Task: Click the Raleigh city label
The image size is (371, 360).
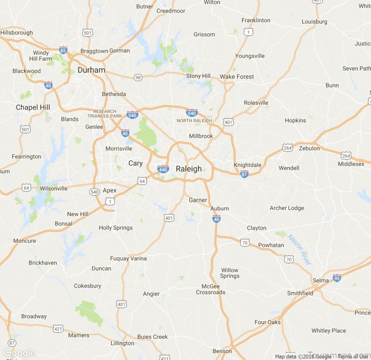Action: (x=189, y=169)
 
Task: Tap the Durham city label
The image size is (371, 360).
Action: (x=91, y=70)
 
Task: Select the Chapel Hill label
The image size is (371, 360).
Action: (x=33, y=107)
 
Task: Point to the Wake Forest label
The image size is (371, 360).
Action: (x=237, y=76)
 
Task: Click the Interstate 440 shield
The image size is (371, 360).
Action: (x=163, y=169)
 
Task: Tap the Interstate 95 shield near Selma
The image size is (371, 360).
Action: (x=337, y=278)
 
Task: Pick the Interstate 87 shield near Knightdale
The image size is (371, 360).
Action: (x=244, y=174)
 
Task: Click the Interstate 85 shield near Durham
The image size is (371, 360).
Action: (x=63, y=50)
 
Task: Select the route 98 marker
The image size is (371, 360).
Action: (x=138, y=78)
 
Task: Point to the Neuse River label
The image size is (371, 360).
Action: (x=300, y=250)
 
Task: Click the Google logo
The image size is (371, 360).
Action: (x=19, y=353)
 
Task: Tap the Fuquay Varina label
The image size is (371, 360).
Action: (x=128, y=259)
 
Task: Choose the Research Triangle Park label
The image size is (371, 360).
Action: (x=108, y=114)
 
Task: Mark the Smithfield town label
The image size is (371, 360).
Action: (x=300, y=293)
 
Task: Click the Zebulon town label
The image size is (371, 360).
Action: (x=309, y=148)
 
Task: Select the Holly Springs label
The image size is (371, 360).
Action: (x=115, y=227)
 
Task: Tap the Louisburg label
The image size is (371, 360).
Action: (x=314, y=21)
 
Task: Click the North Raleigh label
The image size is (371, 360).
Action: (x=194, y=120)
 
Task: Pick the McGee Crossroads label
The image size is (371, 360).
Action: (x=211, y=289)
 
